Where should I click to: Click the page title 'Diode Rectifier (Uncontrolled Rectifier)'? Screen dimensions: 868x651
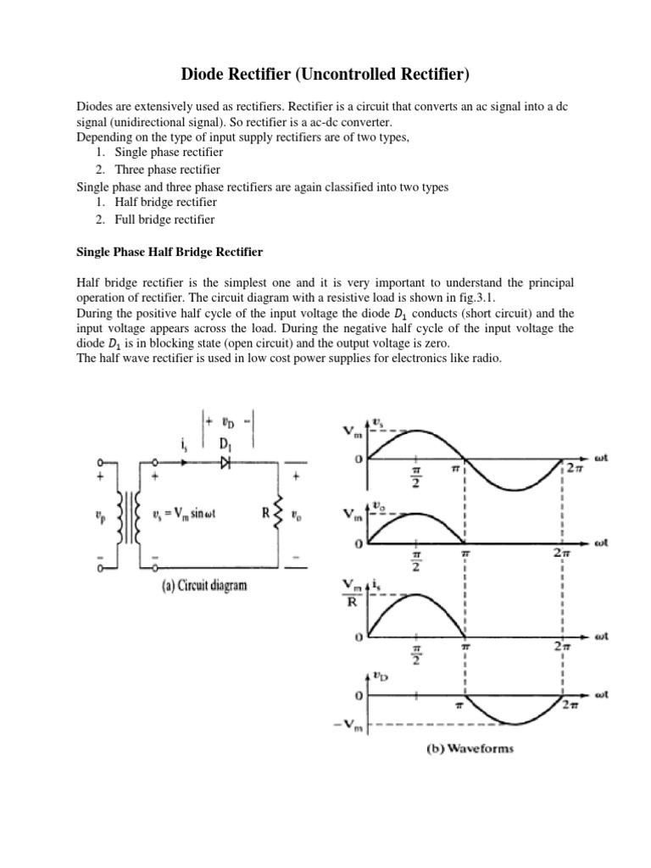click(325, 76)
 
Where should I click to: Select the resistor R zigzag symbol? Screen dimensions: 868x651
click(275, 512)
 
